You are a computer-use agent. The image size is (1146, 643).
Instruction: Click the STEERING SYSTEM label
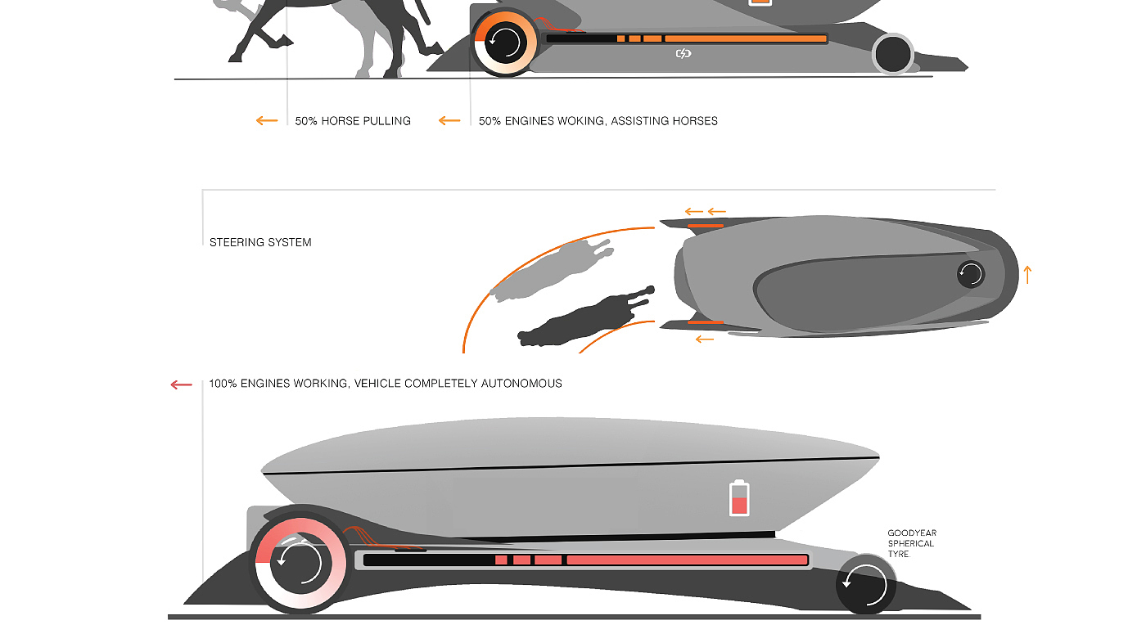(260, 242)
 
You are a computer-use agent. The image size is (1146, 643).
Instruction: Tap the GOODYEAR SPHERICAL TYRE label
(912, 543)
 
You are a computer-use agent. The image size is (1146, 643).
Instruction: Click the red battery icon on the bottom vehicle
(739, 497)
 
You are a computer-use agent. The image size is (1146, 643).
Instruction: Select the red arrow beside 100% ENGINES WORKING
(181, 384)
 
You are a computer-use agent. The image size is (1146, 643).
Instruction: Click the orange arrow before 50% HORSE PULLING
(267, 121)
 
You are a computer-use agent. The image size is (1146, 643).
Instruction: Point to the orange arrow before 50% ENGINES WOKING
(449, 121)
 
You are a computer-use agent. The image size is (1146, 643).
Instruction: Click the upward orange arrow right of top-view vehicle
(1027, 275)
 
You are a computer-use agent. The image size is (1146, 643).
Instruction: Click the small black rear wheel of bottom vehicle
(866, 584)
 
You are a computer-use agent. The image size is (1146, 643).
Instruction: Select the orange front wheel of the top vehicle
(505, 42)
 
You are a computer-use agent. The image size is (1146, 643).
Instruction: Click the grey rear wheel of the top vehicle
(893, 54)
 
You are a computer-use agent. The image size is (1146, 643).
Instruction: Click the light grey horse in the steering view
(548, 270)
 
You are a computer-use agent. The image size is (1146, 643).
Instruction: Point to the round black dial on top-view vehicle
(971, 274)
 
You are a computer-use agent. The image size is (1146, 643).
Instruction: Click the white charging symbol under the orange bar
(684, 54)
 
